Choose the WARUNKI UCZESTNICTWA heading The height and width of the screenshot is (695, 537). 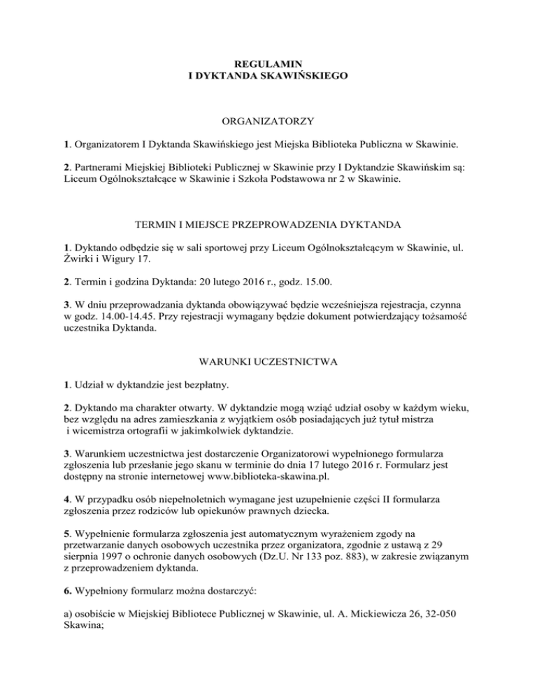click(x=268, y=362)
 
